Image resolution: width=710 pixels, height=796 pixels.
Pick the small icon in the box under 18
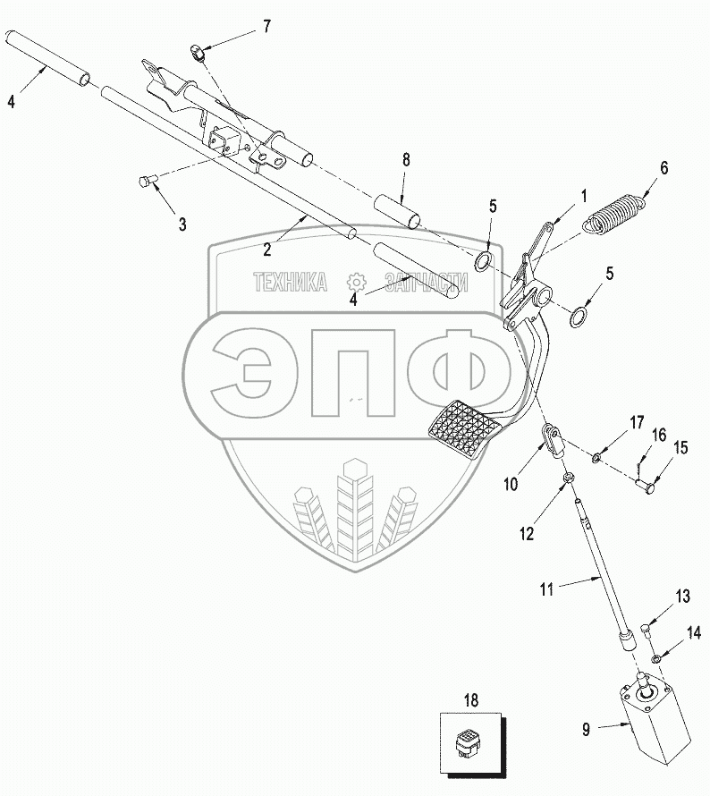click(471, 741)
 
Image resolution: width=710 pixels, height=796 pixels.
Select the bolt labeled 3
click(146, 182)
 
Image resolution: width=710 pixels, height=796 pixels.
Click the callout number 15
click(680, 448)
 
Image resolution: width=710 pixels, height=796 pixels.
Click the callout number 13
click(683, 597)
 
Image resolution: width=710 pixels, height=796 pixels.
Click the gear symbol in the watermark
click(356, 281)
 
